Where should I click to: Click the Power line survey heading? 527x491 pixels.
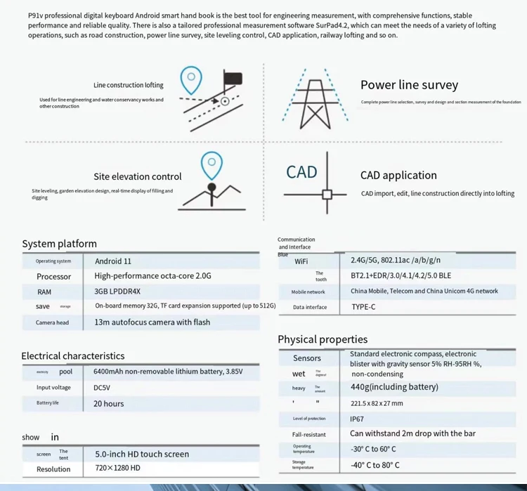[409, 85]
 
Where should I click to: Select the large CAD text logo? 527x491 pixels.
[301, 172]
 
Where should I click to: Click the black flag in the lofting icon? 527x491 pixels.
[233, 78]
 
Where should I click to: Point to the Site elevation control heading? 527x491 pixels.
[137, 176]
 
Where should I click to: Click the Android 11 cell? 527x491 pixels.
[113, 261]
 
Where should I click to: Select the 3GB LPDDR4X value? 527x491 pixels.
[117, 292]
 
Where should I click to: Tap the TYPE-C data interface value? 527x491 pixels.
[363, 307]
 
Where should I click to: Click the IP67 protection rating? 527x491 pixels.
[357, 419]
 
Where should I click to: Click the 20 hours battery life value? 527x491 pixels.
[108, 403]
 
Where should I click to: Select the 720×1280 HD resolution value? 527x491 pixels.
[117, 469]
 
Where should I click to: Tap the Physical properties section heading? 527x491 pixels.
[323, 339]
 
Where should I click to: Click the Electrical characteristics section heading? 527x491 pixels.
[73, 355]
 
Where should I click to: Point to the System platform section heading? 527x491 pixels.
[59, 244]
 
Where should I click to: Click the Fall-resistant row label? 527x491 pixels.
[309, 434]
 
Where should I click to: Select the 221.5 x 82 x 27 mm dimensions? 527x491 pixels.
[377, 403]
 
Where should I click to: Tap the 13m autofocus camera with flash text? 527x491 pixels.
[152, 322]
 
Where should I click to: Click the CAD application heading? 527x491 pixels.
[398, 176]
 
